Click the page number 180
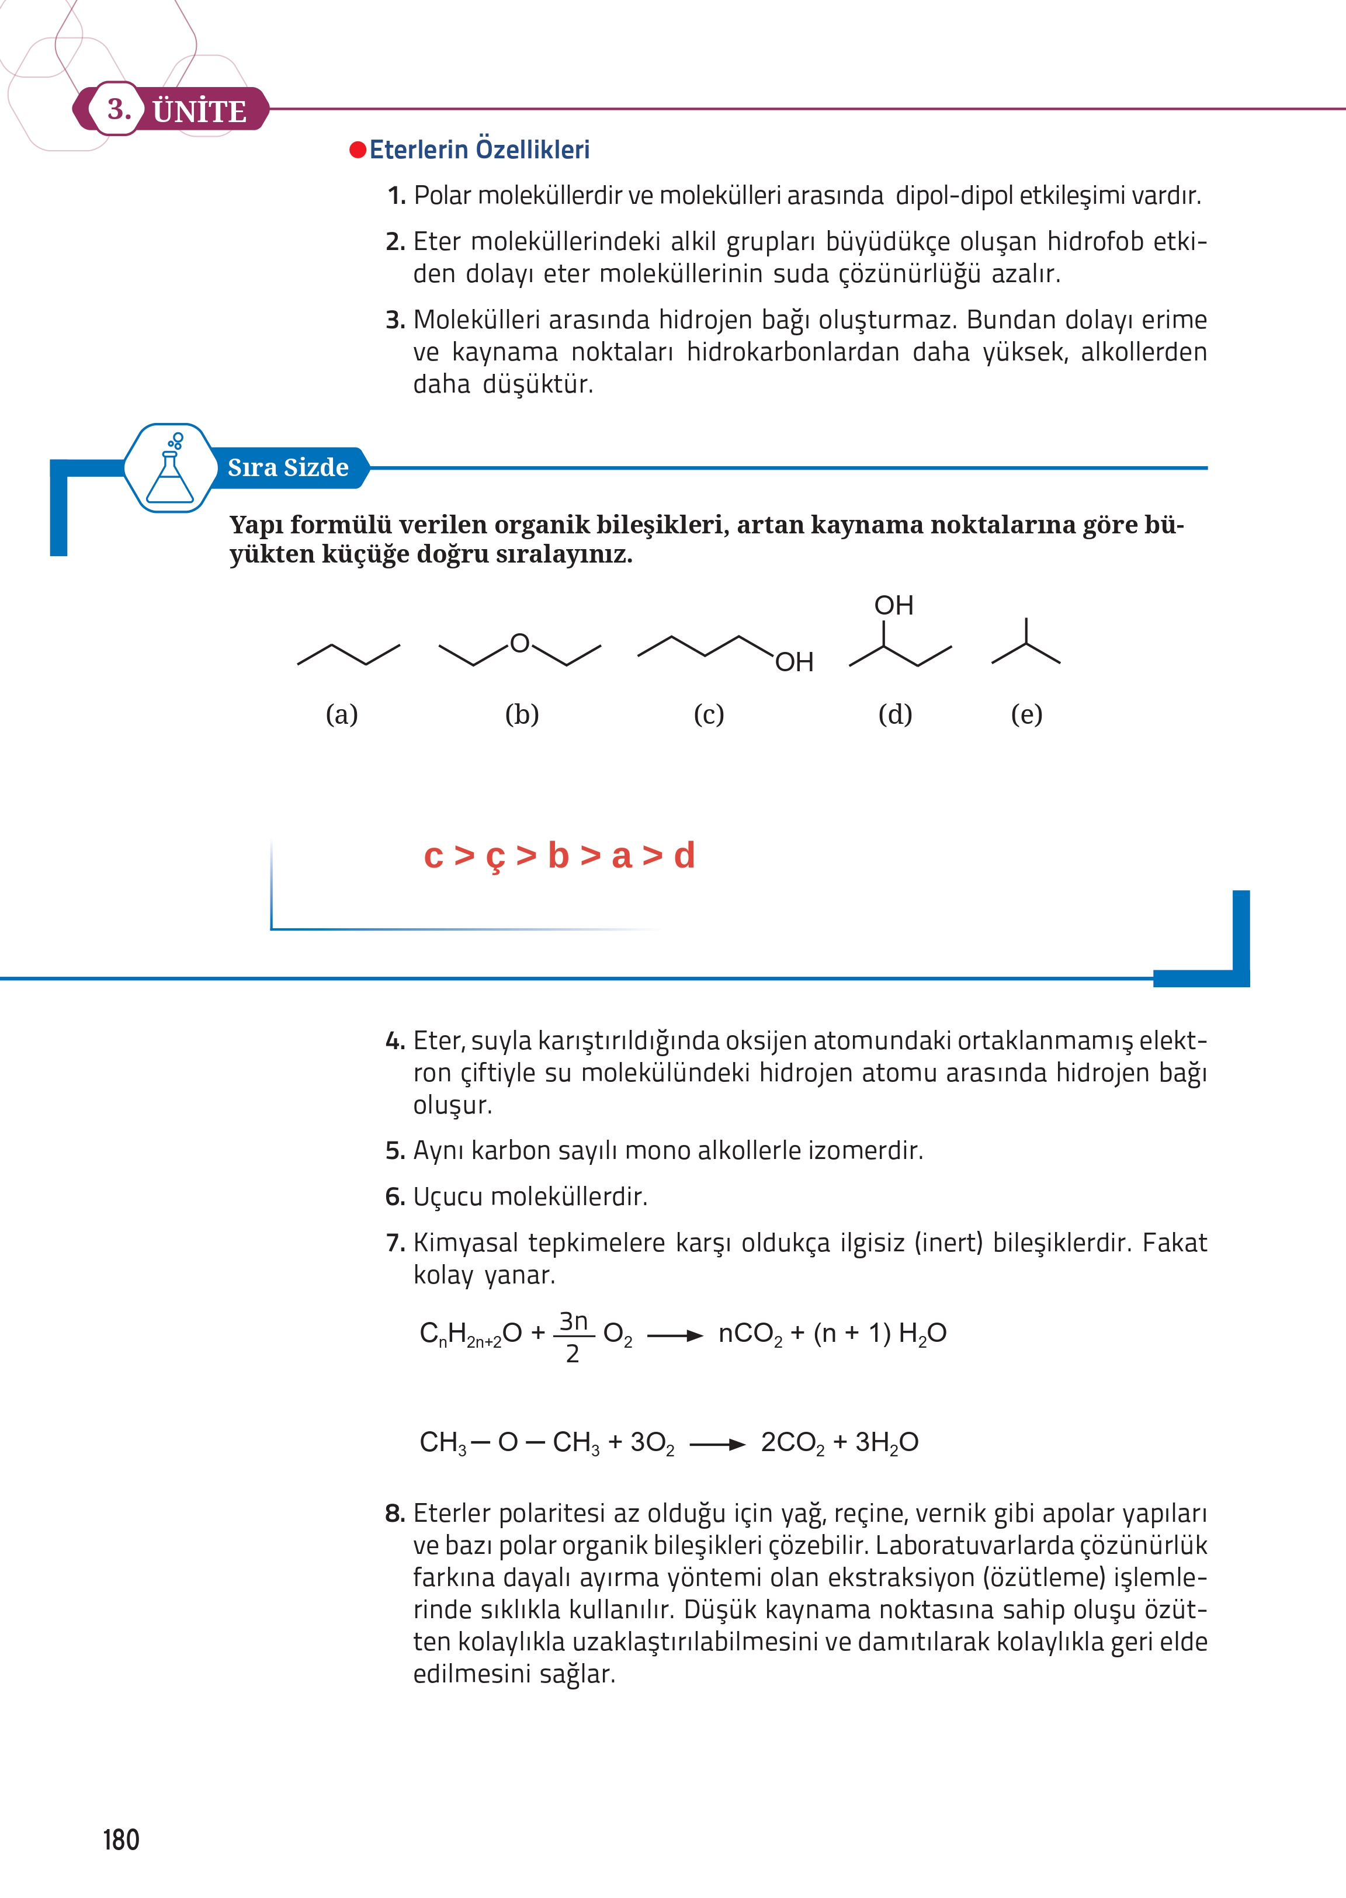click(x=121, y=1839)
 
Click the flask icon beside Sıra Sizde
click(x=170, y=469)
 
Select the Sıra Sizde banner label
click(x=287, y=467)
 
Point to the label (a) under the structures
click(x=342, y=714)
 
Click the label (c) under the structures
click(x=709, y=714)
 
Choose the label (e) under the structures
click(x=1026, y=714)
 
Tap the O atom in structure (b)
click(x=520, y=643)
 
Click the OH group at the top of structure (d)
click(x=893, y=606)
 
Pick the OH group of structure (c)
click(x=794, y=662)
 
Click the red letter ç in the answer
click(x=495, y=857)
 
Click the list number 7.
click(x=394, y=1243)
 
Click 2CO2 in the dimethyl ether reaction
click(x=792, y=1443)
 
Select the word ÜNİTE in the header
click(x=200, y=111)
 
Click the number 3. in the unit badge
click(x=119, y=109)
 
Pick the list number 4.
click(x=394, y=1041)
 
